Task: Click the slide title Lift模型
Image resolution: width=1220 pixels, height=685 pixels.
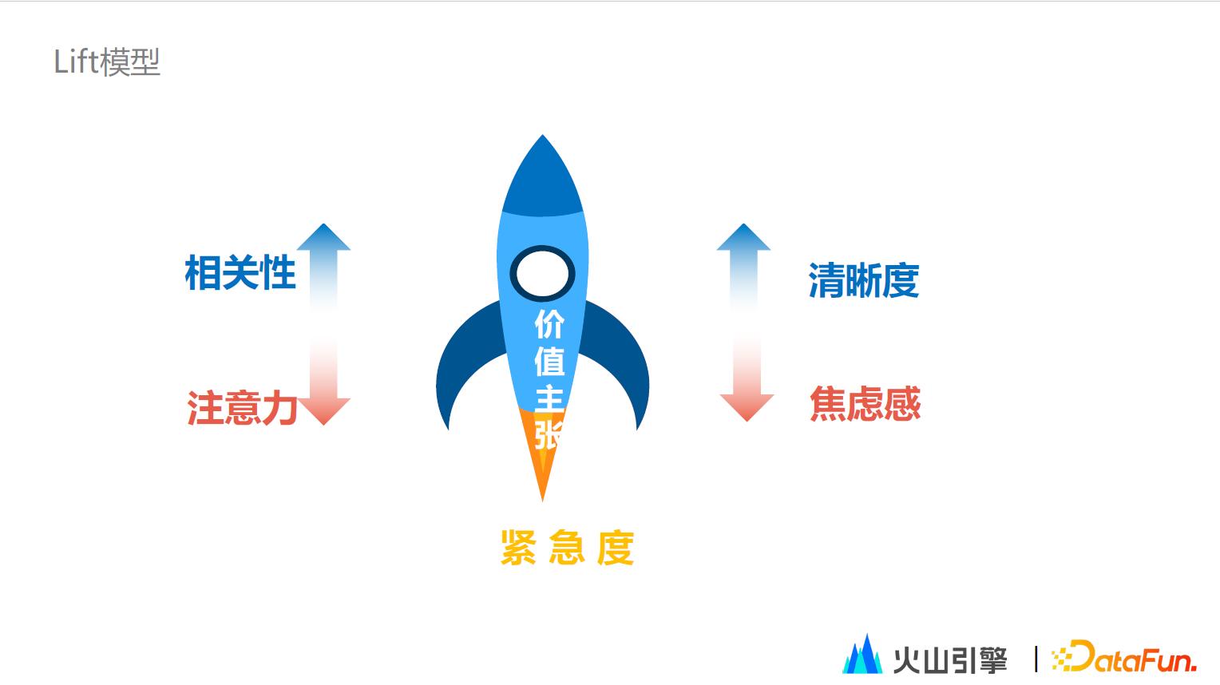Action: pos(107,61)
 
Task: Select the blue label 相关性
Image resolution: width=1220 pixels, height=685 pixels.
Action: pos(240,272)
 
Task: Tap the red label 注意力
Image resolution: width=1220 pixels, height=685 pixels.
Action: pos(243,407)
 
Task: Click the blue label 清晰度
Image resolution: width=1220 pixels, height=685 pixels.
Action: pos(864,280)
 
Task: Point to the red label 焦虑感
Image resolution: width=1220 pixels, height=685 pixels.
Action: pos(865,403)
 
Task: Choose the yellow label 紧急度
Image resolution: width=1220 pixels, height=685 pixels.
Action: pos(567,547)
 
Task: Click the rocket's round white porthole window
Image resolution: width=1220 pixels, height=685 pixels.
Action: pos(542,273)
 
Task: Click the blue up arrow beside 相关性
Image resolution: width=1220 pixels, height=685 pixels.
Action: pos(323,267)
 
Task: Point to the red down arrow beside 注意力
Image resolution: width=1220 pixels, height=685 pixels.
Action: pos(324,381)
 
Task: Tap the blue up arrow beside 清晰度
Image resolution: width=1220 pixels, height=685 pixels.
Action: pos(743,267)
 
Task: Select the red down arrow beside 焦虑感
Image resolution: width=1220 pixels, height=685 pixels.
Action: pos(747,378)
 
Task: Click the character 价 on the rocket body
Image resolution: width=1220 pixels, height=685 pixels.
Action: pos(549,324)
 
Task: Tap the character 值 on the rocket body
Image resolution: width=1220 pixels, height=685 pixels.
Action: pos(549,361)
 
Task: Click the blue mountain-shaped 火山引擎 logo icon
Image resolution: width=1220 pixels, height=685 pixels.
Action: pos(863,654)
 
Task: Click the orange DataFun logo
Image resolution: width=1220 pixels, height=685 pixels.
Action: pos(1123,656)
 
